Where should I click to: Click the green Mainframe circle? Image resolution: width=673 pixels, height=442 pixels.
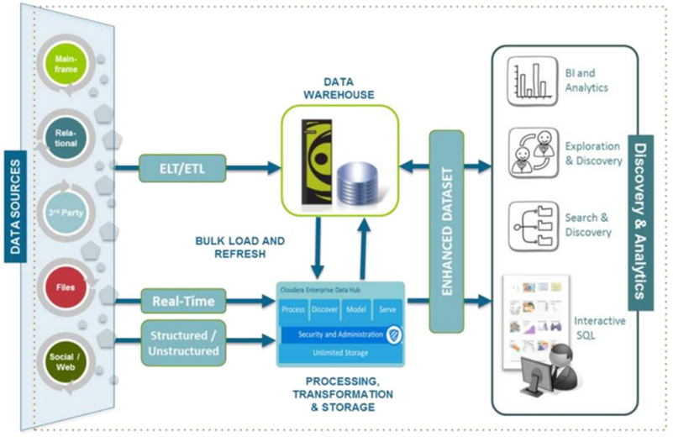66,64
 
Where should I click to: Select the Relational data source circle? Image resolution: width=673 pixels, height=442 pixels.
66,138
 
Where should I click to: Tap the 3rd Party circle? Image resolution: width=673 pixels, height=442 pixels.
66,213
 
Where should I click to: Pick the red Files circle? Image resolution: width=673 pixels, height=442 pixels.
66,287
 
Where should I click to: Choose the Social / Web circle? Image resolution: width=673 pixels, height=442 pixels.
66,362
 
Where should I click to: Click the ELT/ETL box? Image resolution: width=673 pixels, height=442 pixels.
182,168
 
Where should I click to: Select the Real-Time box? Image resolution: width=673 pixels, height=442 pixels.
183,301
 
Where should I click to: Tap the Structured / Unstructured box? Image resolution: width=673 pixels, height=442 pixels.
183,343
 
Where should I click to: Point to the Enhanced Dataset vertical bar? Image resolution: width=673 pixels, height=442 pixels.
446,231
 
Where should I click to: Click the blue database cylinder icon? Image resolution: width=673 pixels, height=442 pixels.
357,185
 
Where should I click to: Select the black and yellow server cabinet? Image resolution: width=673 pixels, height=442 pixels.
318,162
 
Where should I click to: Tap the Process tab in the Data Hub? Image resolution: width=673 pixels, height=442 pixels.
293,309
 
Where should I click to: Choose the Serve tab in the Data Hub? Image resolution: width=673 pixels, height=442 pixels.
387,309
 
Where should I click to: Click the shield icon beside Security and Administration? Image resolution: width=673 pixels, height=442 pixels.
393,334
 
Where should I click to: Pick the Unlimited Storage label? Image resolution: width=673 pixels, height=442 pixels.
340,353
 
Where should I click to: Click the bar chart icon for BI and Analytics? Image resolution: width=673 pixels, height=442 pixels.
532,82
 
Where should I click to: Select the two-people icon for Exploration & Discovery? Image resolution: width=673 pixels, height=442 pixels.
533,153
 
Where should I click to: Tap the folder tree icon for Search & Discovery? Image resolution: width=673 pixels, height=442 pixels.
534,226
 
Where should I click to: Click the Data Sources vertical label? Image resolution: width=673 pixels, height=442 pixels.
15,207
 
